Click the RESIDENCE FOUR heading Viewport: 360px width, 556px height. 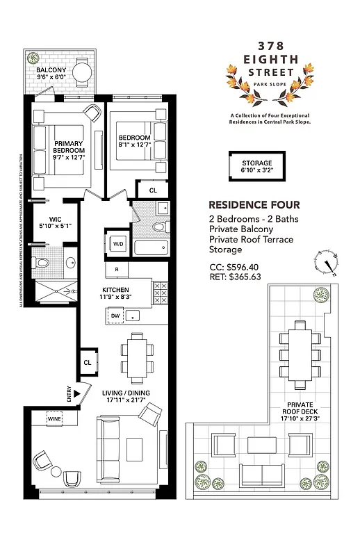pos(254,204)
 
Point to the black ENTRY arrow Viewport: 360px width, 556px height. pos(76,394)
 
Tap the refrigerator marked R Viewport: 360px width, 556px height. pos(117,269)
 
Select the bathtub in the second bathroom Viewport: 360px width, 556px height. pos(149,248)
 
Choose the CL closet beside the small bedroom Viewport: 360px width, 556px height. pos(153,189)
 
